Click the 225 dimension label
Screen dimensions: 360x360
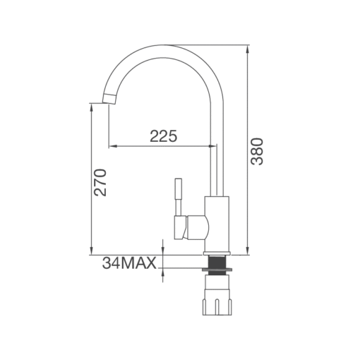[x=164, y=136]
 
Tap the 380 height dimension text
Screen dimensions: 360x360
[x=257, y=152]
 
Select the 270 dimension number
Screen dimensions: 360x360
[x=100, y=182]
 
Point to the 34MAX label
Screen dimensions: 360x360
[x=129, y=263]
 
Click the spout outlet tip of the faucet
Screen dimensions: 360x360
[x=109, y=98]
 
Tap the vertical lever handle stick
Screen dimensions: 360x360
[x=179, y=197]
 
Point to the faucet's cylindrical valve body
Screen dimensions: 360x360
[x=217, y=224]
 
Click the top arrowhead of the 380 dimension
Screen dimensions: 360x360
[x=247, y=49]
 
